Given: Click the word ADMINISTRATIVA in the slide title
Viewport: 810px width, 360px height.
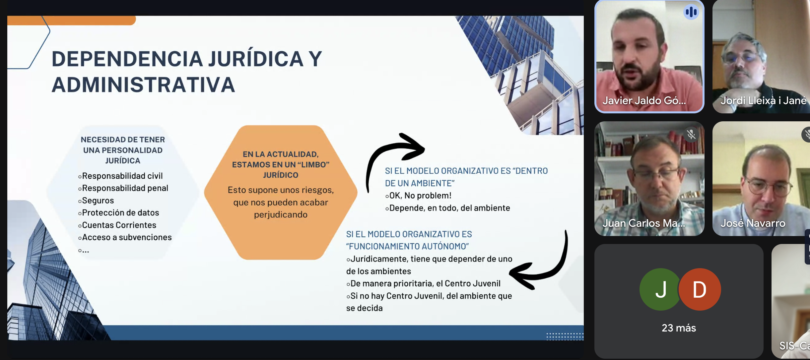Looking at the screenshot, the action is tap(143, 85).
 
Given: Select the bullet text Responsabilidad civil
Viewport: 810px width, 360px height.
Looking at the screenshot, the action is tap(122, 176).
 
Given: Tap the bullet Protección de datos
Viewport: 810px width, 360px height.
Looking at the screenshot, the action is tap(120, 212).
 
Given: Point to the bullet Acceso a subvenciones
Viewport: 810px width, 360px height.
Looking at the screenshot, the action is tap(127, 237).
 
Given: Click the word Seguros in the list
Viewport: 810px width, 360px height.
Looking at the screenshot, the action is tap(98, 201).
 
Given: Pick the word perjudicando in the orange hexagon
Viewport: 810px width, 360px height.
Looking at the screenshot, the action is tap(281, 215).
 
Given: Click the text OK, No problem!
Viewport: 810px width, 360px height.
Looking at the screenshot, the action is tap(420, 196).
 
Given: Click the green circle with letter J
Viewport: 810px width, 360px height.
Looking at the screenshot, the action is tap(660, 289).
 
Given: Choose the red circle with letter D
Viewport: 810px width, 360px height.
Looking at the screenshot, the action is tap(700, 289).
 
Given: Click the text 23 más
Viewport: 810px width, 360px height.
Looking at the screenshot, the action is tap(679, 328).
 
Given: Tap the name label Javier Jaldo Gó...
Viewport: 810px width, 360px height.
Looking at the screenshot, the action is tap(644, 100).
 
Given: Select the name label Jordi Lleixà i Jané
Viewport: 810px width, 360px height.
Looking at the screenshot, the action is tap(764, 100).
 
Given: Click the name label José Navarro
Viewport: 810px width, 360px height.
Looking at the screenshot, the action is tap(753, 223).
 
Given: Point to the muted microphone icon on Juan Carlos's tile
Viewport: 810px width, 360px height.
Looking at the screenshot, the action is tap(691, 135).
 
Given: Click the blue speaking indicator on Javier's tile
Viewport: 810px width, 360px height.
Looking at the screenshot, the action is tap(691, 12).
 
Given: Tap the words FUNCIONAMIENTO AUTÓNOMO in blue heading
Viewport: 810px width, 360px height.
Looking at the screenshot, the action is tap(407, 246).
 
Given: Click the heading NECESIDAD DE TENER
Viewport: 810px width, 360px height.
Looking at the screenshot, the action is tap(123, 140).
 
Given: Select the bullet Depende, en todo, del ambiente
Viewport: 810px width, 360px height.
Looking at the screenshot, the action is tap(449, 208).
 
